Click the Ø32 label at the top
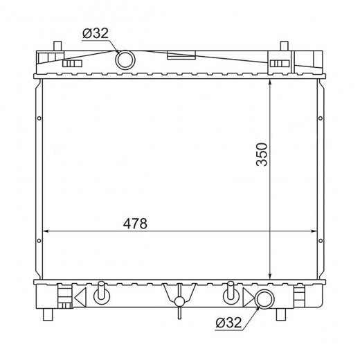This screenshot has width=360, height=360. click(x=96, y=33)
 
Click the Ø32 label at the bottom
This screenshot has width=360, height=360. click(x=228, y=322)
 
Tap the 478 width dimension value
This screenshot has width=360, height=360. click(x=135, y=224)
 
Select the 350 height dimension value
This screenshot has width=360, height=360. click(x=262, y=154)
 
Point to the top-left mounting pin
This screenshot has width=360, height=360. click(x=57, y=46)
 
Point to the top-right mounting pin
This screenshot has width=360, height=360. click(x=285, y=46)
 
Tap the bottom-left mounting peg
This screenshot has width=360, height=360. click(x=48, y=314)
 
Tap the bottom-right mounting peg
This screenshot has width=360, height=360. click(x=281, y=314)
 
